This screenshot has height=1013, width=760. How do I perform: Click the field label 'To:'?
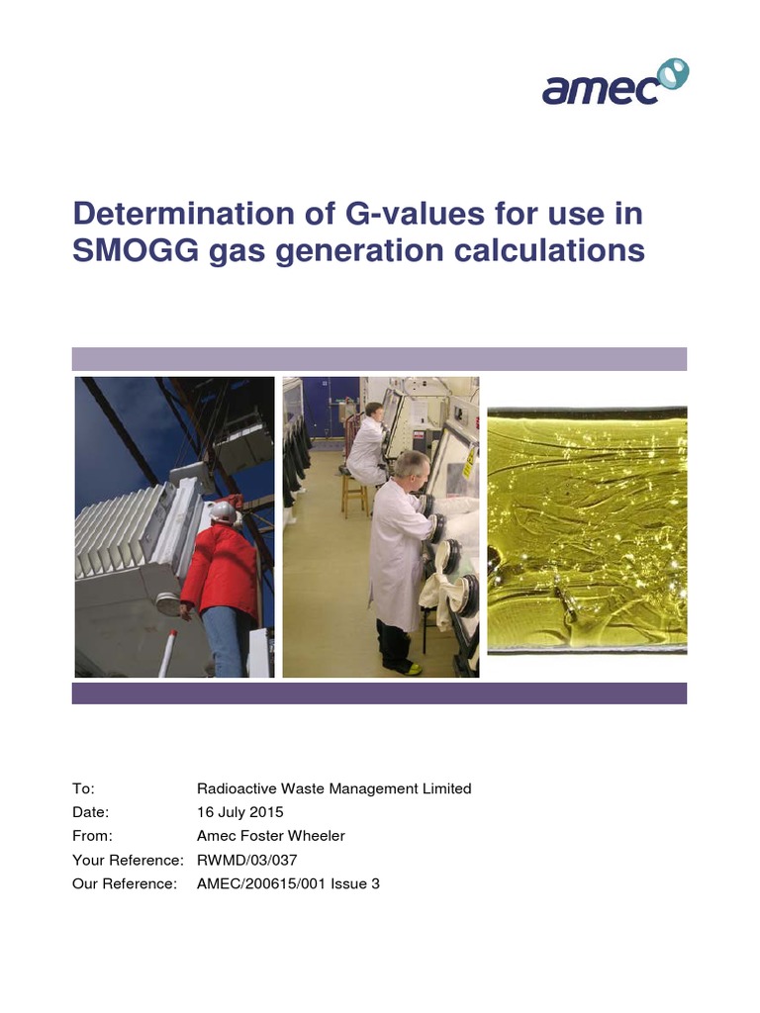click(83, 788)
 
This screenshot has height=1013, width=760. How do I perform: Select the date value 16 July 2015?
click(240, 812)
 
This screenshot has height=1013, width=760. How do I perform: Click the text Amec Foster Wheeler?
click(271, 836)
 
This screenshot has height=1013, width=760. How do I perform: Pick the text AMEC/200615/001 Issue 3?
click(288, 883)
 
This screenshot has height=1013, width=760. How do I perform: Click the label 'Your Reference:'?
click(128, 860)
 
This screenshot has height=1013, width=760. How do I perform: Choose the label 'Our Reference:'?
click(125, 883)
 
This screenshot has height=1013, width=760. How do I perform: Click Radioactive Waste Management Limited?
click(334, 788)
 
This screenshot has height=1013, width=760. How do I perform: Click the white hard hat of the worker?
click(224, 511)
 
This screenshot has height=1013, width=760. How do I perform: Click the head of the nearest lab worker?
click(412, 466)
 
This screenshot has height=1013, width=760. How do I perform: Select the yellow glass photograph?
click(587, 529)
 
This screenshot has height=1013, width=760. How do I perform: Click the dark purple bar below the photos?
click(379, 692)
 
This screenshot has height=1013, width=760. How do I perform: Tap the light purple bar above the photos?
click(379, 358)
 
